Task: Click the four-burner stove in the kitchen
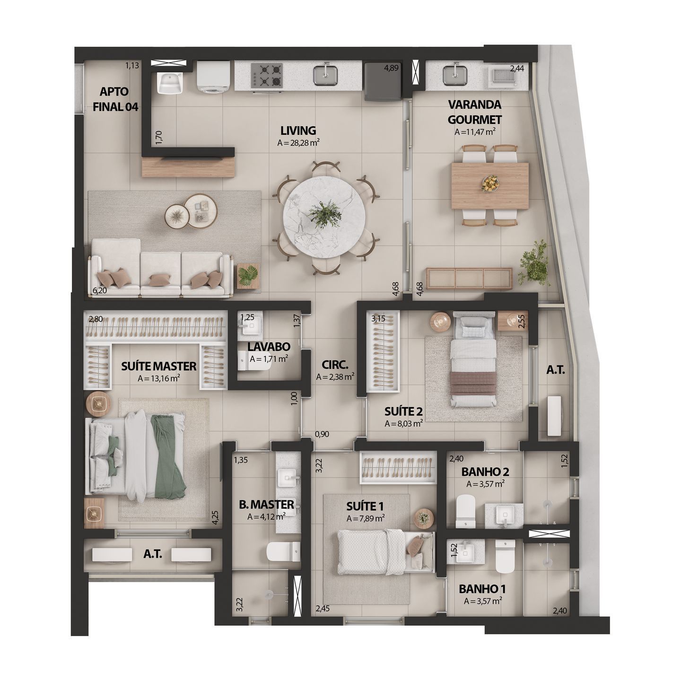266,75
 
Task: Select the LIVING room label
297,130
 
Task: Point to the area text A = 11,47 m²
474,132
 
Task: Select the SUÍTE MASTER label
158,366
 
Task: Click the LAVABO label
269,347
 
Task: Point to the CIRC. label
335,365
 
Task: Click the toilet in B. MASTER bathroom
283,550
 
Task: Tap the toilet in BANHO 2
464,511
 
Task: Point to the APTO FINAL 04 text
115,99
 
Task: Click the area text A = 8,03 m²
403,424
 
